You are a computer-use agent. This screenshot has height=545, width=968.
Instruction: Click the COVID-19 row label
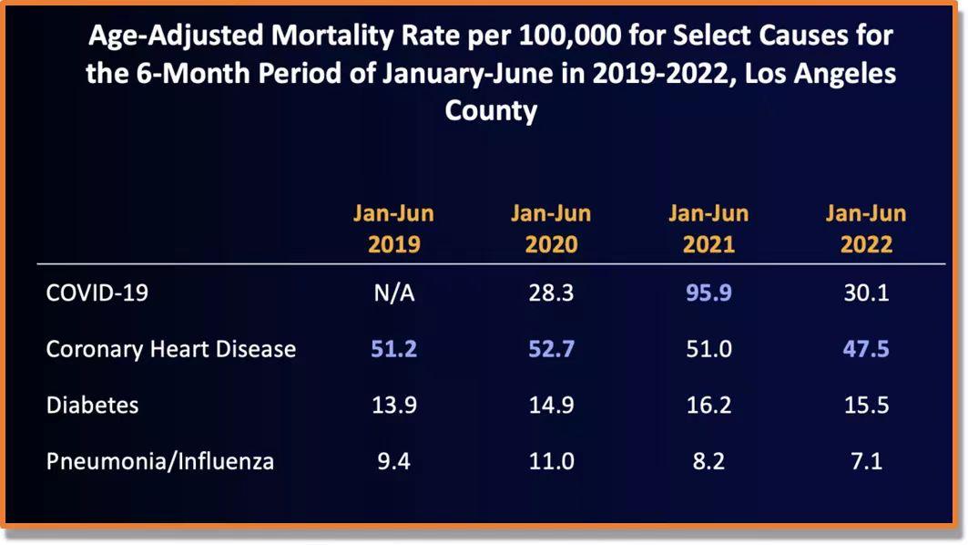tap(97, 293)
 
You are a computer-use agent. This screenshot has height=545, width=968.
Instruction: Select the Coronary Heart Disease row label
tap(171, 348)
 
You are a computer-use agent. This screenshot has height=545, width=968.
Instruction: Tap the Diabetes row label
tap(92, 405)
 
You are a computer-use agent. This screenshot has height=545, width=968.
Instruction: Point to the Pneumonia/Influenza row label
tap(160, 460)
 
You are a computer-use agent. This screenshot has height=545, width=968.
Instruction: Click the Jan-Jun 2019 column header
tap(393, 229)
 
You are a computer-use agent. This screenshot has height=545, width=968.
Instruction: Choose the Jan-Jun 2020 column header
tap(551, 229)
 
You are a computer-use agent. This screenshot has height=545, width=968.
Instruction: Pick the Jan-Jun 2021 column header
tap(708, 229)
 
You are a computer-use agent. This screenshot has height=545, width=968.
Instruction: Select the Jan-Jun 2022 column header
tap(866, 229)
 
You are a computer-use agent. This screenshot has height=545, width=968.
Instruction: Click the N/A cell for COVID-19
tap(393, 293)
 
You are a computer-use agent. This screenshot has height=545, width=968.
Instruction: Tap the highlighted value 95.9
tap(708, 293)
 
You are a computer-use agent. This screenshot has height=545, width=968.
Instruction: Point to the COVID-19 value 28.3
tap(551, 293)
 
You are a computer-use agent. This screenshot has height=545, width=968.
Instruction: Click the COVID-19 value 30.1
tap(866, 293)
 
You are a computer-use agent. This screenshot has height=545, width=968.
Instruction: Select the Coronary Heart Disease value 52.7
tap(551, 348)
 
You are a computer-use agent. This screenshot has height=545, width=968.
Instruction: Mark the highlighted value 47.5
tap(866, 348)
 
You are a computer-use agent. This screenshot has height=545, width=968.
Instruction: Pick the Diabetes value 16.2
tap(708, 405)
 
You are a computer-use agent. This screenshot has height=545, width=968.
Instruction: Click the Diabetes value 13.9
tap(393, 405)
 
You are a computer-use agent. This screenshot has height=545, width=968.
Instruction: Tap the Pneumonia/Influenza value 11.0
tap(551, 460)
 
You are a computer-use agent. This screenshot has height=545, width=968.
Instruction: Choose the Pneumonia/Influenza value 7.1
tap(866, 460)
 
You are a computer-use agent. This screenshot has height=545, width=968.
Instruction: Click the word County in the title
tap(491, 111)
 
